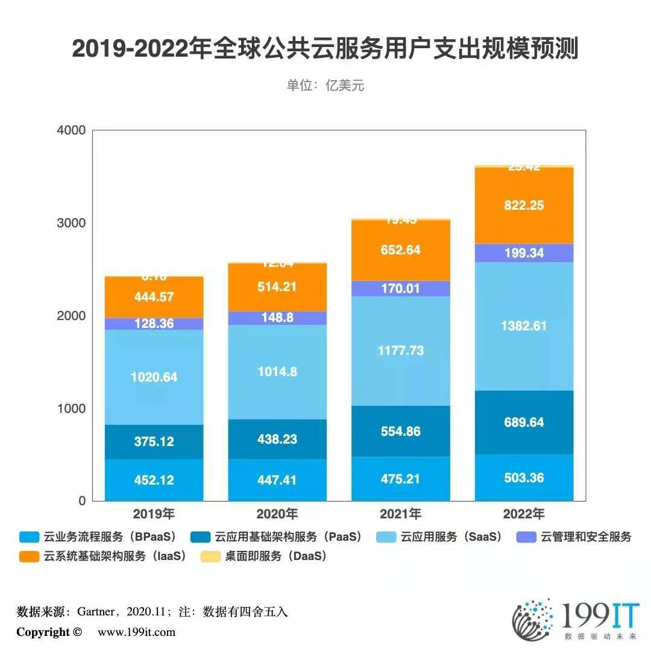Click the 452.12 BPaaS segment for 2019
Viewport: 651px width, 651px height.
(x=154, y=480)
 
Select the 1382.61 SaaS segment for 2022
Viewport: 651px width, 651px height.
(x=524, y=325)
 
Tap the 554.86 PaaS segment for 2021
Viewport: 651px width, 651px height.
(x=400, y=432)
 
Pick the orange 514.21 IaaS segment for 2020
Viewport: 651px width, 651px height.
(x=277, y=287)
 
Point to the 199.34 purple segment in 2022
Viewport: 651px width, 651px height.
(x=524, y=253)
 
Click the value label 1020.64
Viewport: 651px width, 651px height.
(x=154, y=377)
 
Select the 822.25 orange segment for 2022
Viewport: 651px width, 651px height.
(x=524, y=206)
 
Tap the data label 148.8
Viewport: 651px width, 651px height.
(x=277, y=317)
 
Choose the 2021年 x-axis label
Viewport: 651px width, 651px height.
(x=400, y=515)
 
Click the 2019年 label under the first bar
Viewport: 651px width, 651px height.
(x=154, y=515)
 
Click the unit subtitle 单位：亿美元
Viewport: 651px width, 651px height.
(x=325, y=86)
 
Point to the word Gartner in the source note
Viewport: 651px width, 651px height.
(x=96, y=612)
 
